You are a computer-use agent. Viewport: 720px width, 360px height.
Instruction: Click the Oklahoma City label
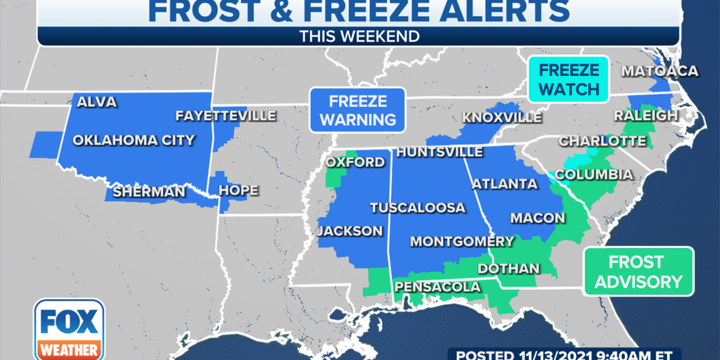pos(134,140)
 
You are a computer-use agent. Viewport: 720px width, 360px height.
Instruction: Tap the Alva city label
pos(96,103)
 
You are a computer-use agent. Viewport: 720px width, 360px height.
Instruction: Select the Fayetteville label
pos(226,116)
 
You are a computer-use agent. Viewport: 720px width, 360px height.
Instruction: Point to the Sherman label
pos(148,191)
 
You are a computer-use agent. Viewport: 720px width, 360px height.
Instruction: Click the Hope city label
pos(238,191)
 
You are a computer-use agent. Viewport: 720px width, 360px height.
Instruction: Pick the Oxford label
pos(355,162)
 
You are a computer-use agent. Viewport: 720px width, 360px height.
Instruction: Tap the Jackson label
pos(349,231)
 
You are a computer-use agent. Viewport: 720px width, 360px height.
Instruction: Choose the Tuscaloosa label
pos(418,207)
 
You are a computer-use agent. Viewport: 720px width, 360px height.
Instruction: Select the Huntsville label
pos(439,152)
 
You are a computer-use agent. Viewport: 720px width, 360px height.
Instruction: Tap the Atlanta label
pos(504,184)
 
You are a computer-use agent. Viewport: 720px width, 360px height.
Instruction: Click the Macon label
pos(537,218)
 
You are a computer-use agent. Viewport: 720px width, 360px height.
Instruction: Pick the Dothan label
pos(508,269)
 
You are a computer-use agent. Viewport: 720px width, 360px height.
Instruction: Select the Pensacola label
pos(437,287)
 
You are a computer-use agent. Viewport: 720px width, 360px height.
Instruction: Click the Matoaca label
pos(659,71)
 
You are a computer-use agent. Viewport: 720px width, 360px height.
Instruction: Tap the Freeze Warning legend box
pos(357,110)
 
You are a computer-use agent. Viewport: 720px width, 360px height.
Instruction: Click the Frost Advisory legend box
pos(636,271)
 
